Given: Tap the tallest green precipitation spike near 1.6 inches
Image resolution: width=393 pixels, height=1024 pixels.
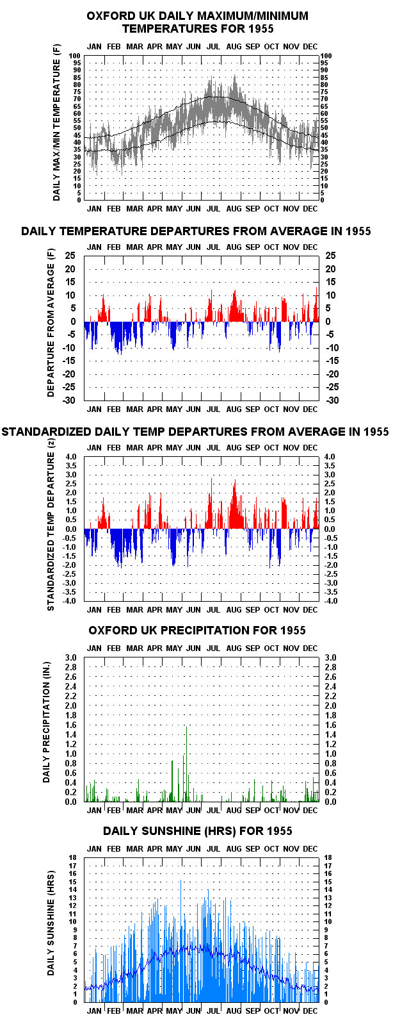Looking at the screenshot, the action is [x=186, y=763].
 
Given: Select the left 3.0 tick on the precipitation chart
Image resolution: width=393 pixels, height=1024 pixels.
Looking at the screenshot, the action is [x=71, y=658].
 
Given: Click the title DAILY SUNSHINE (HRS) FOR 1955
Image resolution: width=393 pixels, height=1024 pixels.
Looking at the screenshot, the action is [x=197, y=830].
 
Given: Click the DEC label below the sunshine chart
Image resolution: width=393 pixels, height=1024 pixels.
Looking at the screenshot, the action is [x=310, y=1011].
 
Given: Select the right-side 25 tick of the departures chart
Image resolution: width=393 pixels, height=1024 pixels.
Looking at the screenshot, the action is [x=330, y=256].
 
